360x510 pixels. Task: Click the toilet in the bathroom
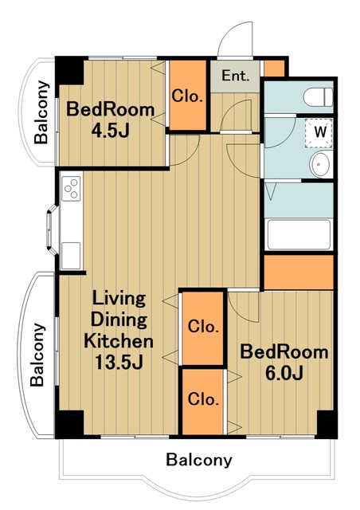pos(318,97)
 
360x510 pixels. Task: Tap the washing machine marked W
pos(319,133)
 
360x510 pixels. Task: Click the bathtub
pos(298,234)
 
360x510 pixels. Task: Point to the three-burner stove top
pos(72,189)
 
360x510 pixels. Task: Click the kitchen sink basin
pos(71,256)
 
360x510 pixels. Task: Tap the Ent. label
pos(236,76)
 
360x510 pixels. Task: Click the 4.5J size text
pos(110,131)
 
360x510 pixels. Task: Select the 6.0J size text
pos(284,373)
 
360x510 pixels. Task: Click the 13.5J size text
pos(119,362)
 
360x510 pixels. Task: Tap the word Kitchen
pos(119,341)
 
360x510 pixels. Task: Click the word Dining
pos(119,320)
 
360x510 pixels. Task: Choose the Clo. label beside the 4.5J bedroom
pos(187,96)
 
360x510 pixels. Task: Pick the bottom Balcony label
pos(199,460)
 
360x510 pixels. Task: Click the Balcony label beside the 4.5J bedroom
pos(41,112)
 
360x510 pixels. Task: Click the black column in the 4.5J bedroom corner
pos(69,71)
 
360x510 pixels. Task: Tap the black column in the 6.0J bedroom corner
pos(327,424)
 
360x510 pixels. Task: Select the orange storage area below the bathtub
pos(299,273)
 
